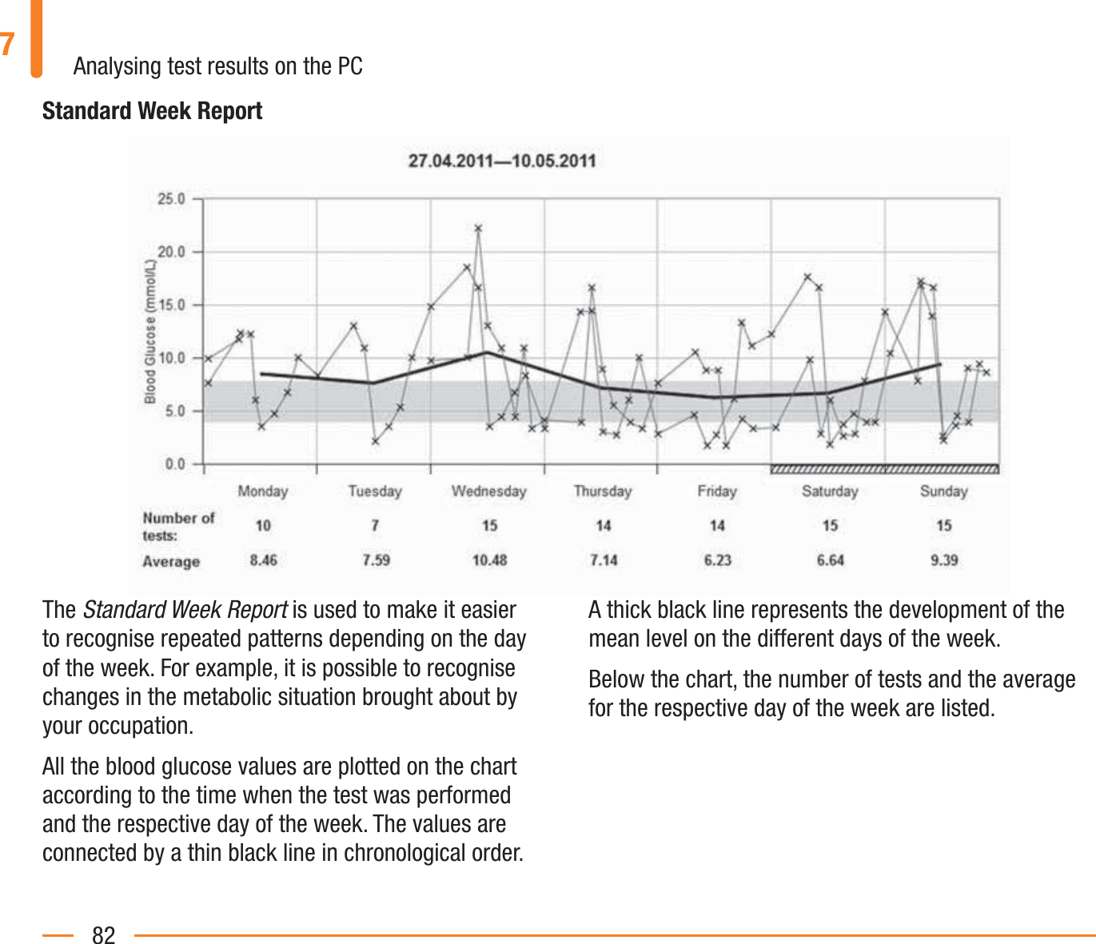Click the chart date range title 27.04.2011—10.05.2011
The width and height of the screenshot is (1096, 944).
(502, 161)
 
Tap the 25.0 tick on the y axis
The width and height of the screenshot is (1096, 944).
(171, 199)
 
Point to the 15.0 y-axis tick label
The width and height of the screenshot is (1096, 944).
(171, 305)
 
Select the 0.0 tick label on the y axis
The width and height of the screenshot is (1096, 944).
(174, 464)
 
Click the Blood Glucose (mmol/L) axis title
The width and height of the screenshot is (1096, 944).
(150, 331)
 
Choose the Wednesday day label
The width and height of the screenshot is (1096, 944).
(488, 491)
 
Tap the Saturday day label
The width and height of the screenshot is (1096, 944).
(830, 491)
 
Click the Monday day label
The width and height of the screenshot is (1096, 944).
(262, 491)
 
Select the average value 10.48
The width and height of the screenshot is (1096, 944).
(489, 560)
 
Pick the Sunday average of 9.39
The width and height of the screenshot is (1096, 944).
(944, 560)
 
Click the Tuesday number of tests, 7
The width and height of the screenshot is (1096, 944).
(375, 525)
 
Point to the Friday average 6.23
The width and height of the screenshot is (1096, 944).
(717, 560)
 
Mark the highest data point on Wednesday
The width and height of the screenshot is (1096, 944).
(478, 229)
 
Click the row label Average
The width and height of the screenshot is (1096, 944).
(171, 561)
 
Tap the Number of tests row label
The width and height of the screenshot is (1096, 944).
(178, 526)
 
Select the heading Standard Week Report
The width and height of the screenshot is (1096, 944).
(152, 111)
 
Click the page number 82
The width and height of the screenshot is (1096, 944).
(104, 934)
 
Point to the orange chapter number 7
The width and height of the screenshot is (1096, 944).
(8, 44)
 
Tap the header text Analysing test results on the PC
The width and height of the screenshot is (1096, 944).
(217, 66)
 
